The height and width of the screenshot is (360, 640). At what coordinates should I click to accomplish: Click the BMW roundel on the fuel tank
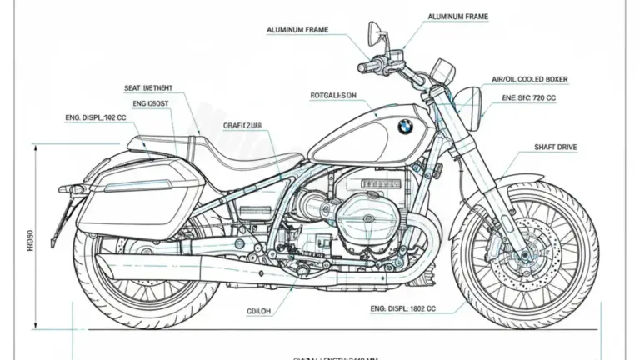point(404,126)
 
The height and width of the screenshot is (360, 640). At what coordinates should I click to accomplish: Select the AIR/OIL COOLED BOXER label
point(530,79)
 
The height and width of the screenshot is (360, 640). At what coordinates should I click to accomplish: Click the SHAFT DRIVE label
point(555,147)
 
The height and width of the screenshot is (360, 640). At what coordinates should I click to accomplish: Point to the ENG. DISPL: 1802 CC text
point(401,307)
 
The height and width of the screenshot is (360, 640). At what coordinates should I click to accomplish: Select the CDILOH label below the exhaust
point(259,312)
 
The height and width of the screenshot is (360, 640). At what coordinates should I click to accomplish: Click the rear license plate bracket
point(59,212)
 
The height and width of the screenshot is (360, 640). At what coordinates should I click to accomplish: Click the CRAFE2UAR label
point(242,126)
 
